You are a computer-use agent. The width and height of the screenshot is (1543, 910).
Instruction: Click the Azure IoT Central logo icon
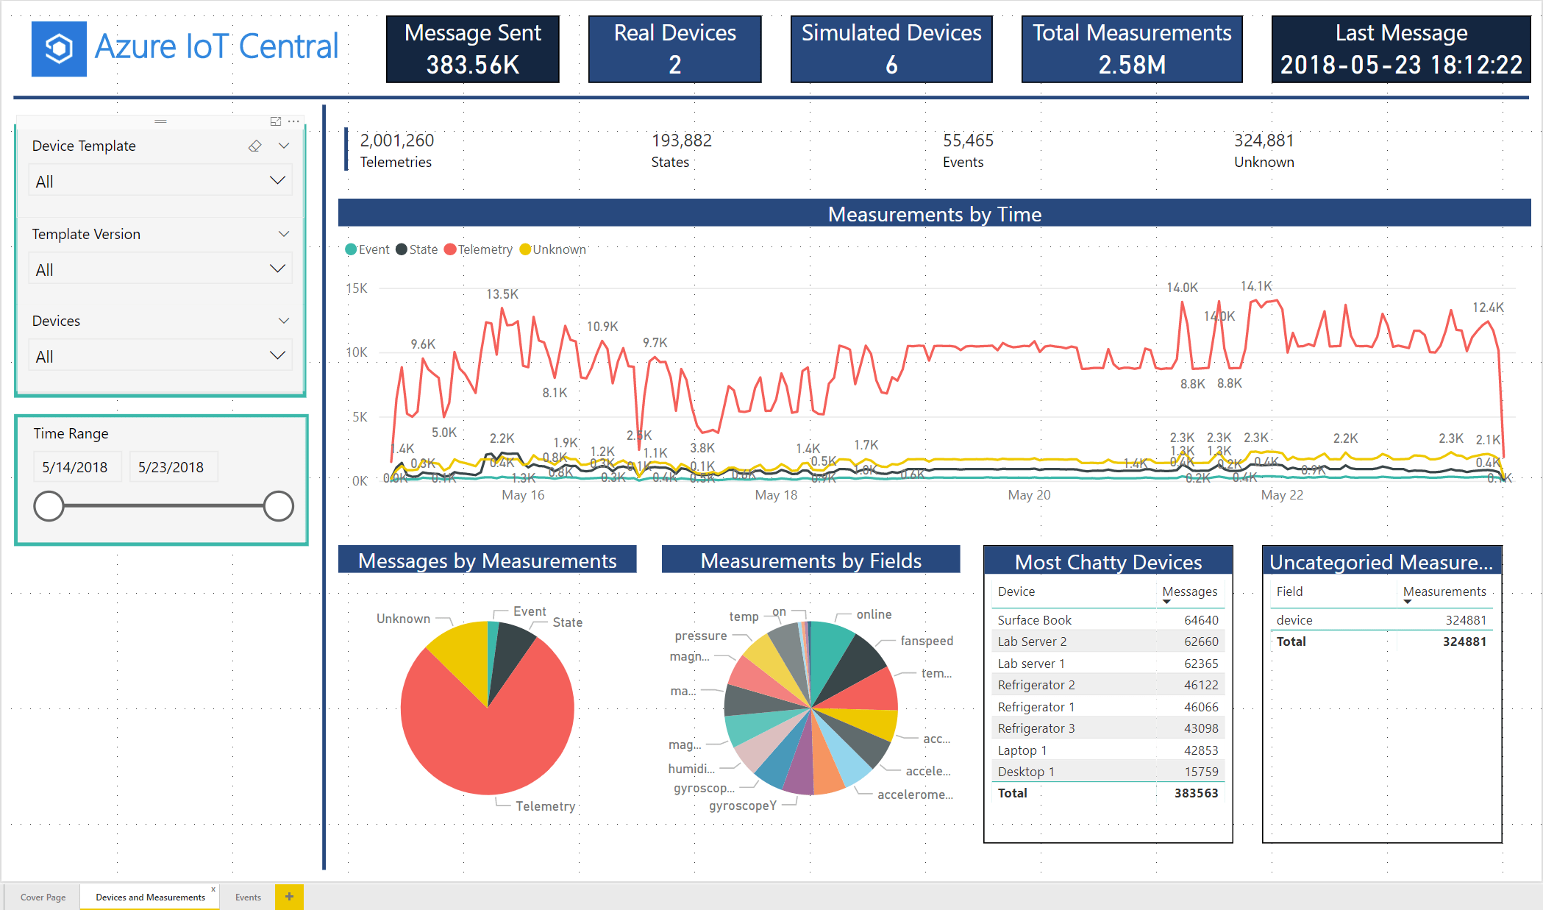(59, 49)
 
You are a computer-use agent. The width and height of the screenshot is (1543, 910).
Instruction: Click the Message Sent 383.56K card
(472, 49)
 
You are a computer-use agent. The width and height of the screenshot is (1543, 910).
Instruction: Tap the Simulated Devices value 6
(891, 65)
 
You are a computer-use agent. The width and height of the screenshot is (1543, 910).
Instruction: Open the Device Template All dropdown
(160, 181)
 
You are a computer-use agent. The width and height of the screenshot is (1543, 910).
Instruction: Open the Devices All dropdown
(160, 356)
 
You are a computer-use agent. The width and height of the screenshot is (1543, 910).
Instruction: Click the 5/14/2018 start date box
(76, 467)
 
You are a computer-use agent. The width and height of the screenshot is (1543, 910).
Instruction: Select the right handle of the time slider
(278, 506)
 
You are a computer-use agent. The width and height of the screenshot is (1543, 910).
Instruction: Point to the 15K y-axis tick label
(357, 288)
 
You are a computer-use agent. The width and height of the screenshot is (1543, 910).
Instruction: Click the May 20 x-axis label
(1029, 495)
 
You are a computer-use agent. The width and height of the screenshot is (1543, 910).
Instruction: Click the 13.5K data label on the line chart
(502, 294)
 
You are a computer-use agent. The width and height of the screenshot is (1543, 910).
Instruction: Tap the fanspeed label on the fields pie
(927, 641)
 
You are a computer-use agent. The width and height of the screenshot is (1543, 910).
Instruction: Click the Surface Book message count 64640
(1200, 620)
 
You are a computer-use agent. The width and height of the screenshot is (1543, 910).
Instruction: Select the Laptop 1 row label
(1022, 750)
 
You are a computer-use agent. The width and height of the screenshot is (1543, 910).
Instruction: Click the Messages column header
(1189, 591)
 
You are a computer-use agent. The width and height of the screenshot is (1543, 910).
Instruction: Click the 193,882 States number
(681, 141)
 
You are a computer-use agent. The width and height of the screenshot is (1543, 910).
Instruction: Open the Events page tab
(248, 897)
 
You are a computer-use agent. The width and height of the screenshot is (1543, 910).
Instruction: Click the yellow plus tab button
(289, 897)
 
